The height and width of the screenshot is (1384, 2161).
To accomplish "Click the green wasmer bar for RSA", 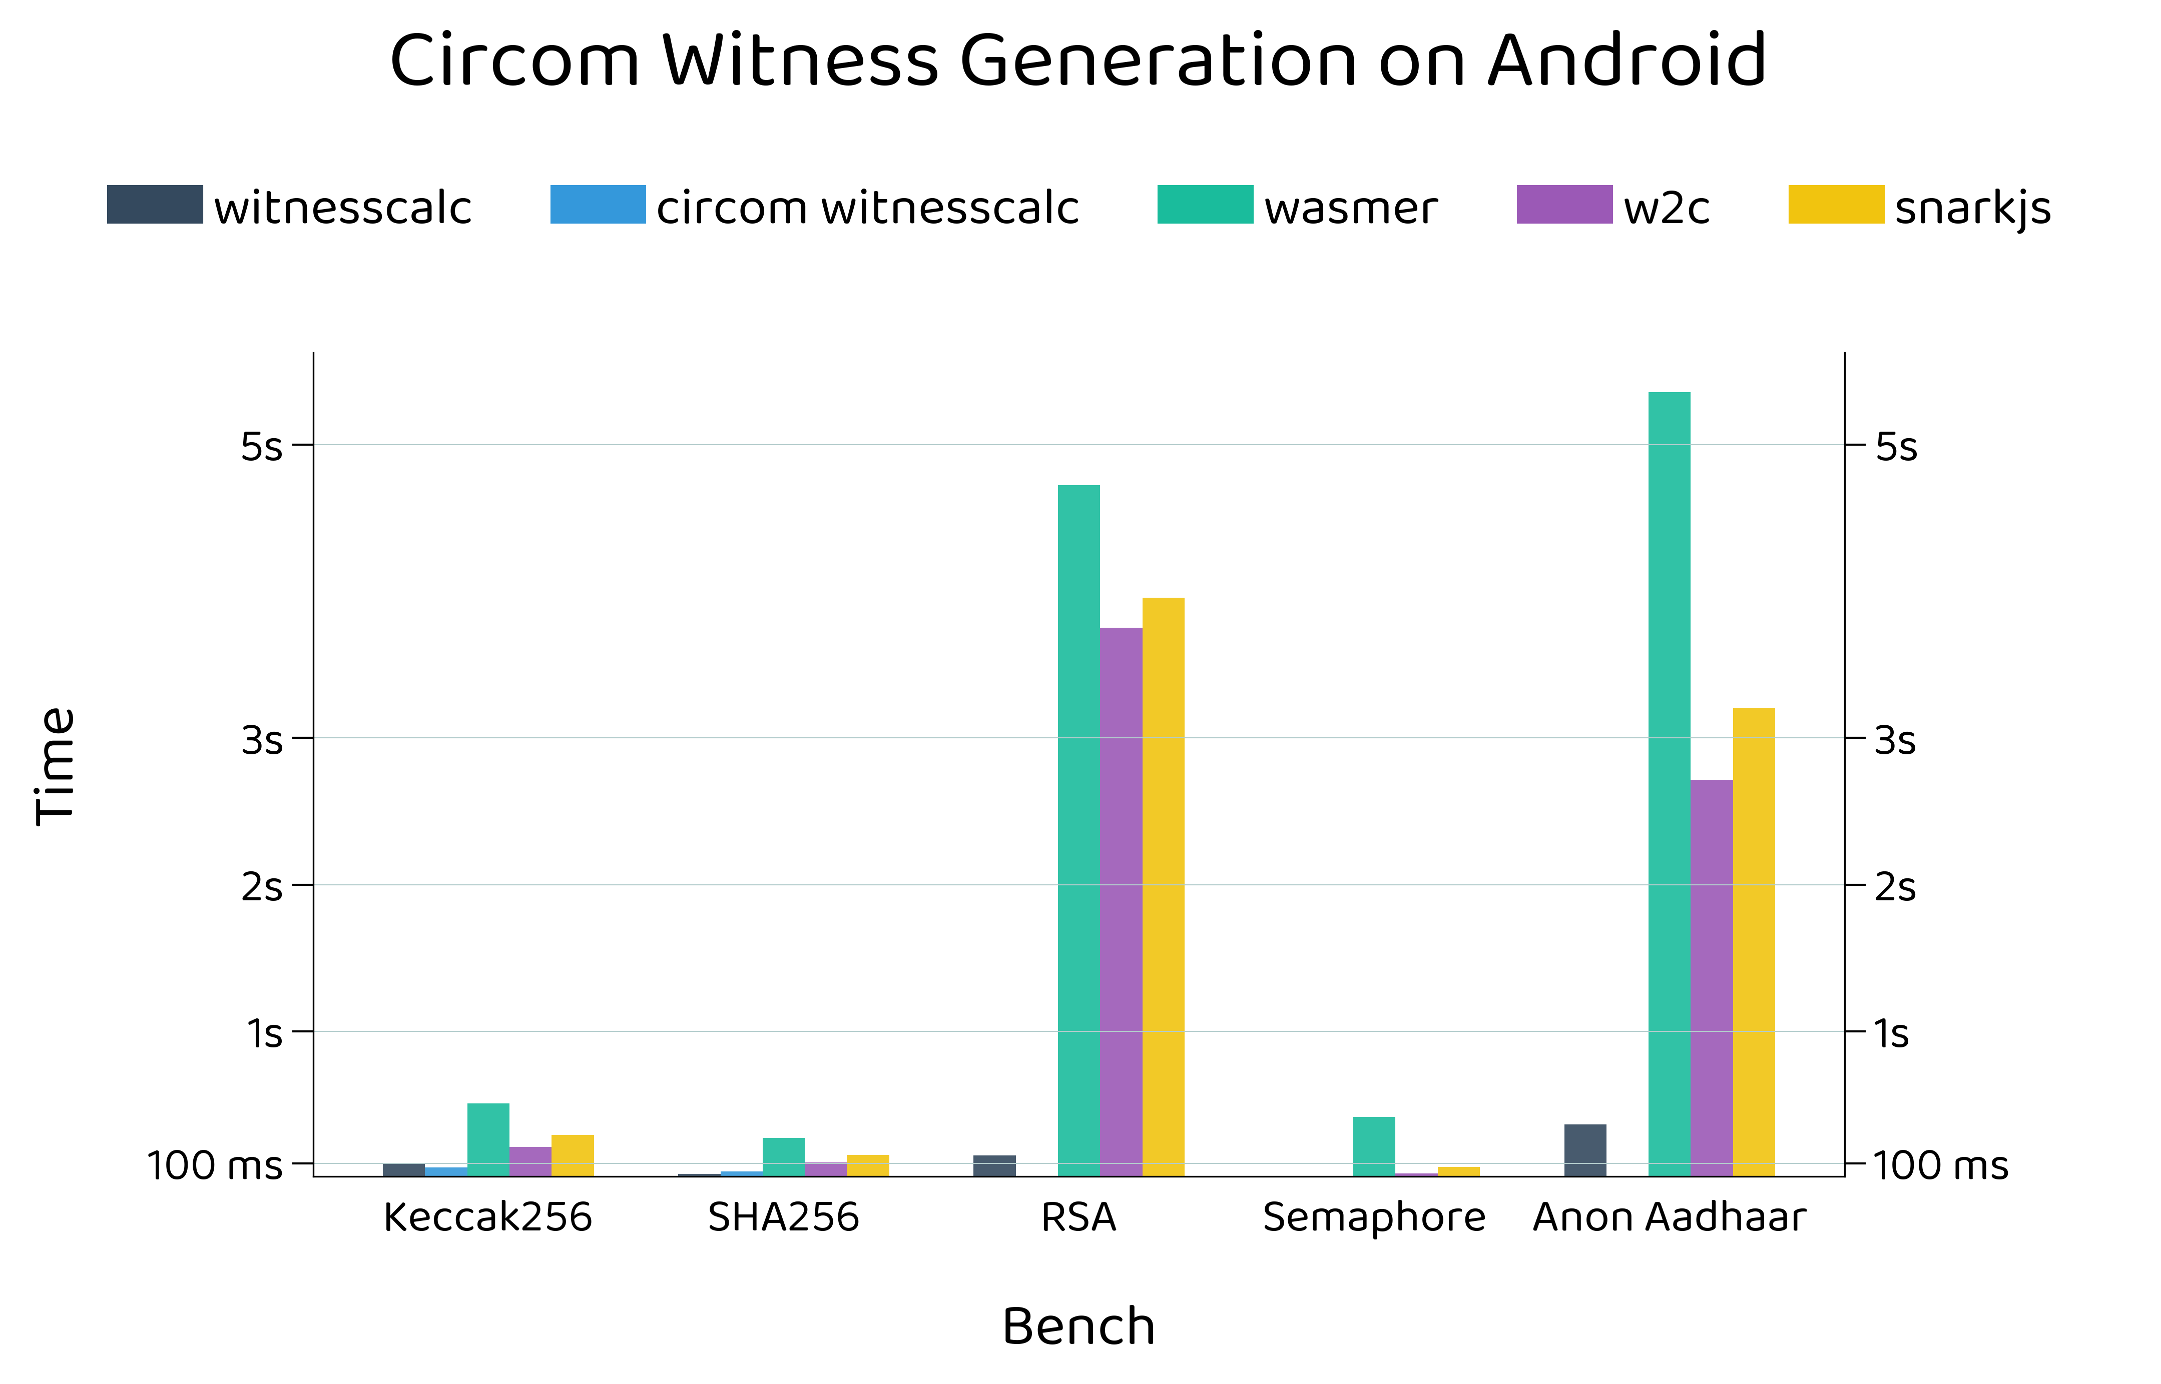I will point(1078,831).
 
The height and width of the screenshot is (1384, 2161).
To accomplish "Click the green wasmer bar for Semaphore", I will point(1374,1147).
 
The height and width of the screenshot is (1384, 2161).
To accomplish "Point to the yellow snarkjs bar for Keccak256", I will point(573,1156).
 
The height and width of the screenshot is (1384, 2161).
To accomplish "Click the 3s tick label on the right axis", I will point(1895,741).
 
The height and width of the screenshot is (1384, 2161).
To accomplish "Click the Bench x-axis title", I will point(1078,1326).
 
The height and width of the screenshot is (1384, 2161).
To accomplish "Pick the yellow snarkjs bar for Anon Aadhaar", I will point(1754,942).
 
